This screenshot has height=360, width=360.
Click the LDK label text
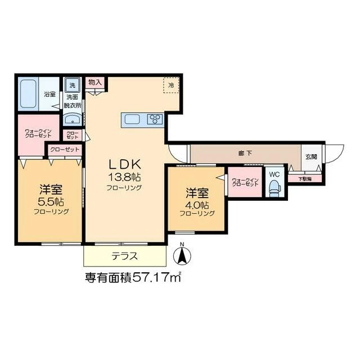click(124, 164)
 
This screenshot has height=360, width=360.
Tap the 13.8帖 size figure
click(124, 177)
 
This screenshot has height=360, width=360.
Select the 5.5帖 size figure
click(51, 201)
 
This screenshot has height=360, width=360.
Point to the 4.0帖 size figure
click(197, 204)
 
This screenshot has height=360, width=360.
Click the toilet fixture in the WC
click(274, 187)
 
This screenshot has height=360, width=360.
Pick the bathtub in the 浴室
click(28, 94)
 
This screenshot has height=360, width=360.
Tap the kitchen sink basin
click(132, 119)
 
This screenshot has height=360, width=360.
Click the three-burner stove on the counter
click(155, 119)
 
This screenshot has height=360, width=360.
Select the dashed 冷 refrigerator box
click(171, 85)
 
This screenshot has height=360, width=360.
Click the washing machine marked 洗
click(73, 85)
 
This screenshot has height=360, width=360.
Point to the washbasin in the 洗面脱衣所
click(72, 119)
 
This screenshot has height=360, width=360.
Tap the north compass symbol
click(182, 255)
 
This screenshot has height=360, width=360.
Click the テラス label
click(124, 256)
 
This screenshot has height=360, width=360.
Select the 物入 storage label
click(95, 82)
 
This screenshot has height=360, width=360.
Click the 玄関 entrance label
click(311, 156)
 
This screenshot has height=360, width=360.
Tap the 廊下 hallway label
click(245, 153)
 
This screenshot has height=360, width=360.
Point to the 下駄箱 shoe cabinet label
click(305, 179)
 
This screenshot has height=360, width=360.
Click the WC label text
click(274, 174)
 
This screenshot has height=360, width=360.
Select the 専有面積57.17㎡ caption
click(133, 277)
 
